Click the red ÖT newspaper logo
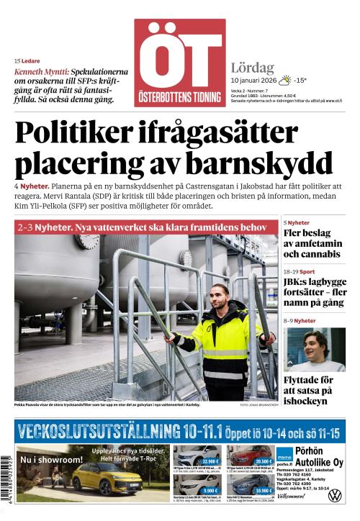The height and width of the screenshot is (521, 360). pos(179,63)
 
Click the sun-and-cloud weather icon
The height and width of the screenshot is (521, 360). pos(285,80)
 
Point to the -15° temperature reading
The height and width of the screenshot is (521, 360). pos(300,81)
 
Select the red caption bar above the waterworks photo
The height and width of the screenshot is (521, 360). pos(145,227)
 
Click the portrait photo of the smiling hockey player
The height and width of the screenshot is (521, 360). pos(315,349)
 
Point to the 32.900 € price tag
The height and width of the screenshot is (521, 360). pos(210,461)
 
